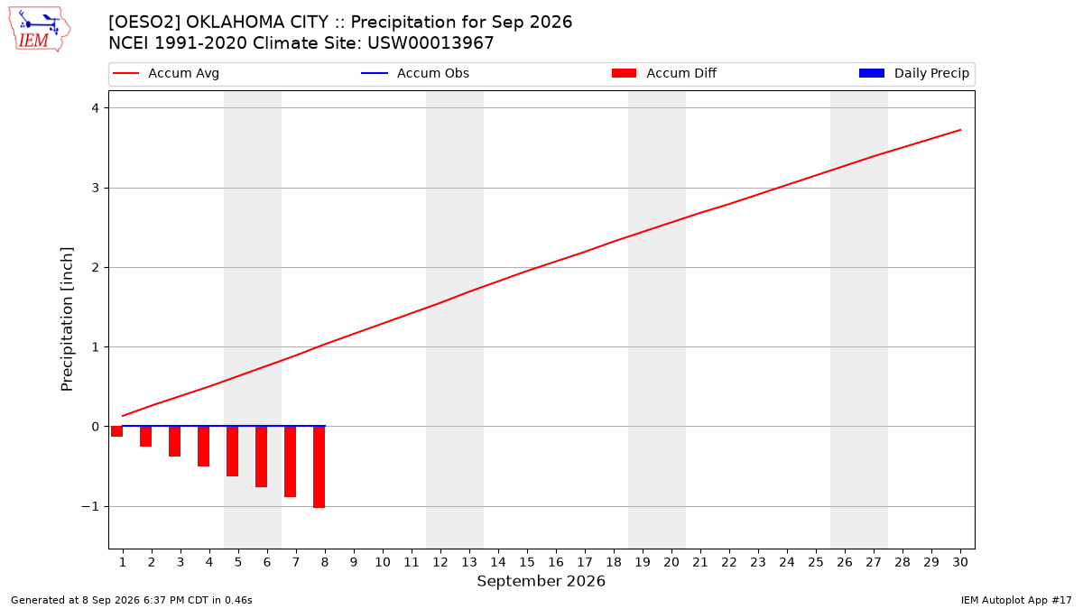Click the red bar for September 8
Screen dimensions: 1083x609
(x=319, y=467)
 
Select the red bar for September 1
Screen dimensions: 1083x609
(x=116, y=431)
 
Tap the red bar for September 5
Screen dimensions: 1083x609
(x=232, y=451)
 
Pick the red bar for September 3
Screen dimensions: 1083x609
(x=174, y=441)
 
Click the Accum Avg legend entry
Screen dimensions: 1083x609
(x=166, y=73)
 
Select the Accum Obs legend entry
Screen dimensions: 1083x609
(x=415, y=73)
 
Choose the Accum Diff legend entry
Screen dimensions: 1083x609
(x=664, y=73)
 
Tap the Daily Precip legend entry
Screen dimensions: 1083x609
(x=913, y=73)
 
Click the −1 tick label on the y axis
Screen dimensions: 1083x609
(x=90, y=506)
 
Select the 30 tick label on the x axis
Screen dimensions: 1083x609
(x=960, y=562)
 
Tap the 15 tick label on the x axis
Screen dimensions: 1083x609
(x=527, y=562)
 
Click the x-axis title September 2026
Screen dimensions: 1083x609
(x=541, y=581)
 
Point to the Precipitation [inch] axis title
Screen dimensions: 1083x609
(x=67, y=319)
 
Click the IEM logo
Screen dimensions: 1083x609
(x=39, y=30)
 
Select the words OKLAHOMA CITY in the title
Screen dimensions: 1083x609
(x=257, y=23)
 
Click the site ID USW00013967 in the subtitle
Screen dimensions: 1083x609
(x=430, y=43)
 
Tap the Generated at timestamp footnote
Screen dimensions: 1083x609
(x=132, y=600)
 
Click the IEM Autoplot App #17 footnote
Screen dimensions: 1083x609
(x=1016, y=600)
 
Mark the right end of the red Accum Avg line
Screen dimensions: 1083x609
(x=960, y=130)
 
